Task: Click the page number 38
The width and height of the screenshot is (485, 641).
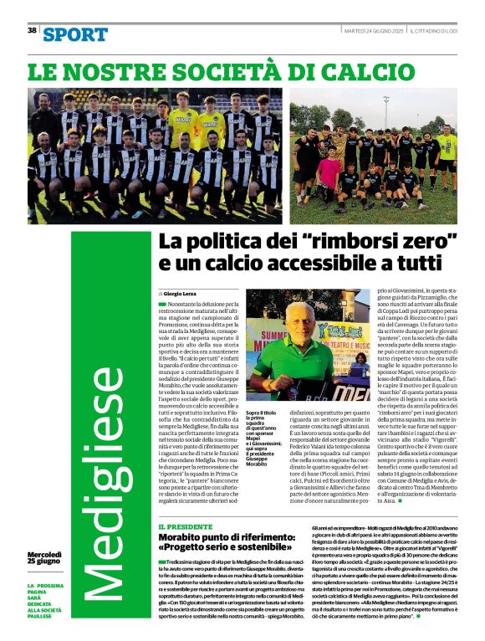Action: click(x=32, y=30)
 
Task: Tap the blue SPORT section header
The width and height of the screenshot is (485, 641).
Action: click(x=75, y=34)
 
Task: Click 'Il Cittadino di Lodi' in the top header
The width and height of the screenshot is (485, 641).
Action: click(x=437, y=30)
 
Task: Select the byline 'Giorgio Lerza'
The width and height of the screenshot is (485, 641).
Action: click(x=185, y=295)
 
